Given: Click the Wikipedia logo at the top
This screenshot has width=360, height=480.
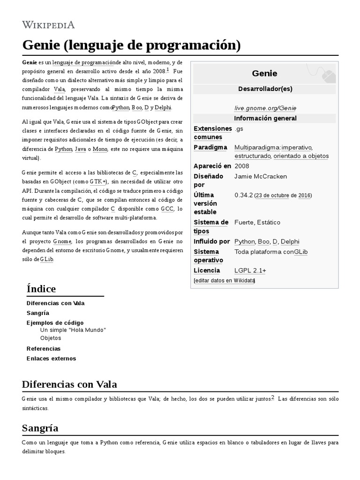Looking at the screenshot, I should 48,25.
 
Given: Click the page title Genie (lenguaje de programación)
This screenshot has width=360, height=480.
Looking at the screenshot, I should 131,45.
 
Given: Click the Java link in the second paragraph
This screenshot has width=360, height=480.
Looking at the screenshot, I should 80,149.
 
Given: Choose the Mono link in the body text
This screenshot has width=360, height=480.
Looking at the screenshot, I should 100,149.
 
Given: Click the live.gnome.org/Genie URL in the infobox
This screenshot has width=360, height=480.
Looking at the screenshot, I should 265,108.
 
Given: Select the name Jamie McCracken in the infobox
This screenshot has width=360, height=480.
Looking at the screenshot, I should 260,176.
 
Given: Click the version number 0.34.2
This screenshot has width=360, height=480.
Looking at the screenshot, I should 243,195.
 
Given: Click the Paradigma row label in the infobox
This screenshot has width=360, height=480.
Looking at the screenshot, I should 210,147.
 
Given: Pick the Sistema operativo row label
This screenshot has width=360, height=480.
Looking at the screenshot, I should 208,256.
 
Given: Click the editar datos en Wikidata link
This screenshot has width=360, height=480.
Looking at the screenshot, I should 224,280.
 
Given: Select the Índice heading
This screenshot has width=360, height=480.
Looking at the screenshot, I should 41,289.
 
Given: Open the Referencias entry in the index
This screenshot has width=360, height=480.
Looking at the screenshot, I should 44,349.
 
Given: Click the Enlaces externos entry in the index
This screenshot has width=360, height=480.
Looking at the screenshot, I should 51,359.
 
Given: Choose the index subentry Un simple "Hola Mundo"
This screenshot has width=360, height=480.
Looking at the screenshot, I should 73,330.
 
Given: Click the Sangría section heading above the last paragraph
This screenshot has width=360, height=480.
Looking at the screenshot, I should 40,428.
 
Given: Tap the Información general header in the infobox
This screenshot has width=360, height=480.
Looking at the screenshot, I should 265,118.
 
